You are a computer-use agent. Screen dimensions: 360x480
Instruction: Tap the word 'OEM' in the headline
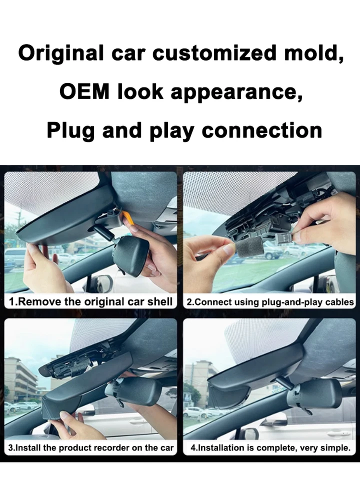pyautogui.click(x=84, y=91)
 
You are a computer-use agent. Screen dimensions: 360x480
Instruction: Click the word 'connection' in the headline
pyautogui.click(x=261, y=130)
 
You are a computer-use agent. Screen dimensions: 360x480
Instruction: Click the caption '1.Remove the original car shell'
pyautogui.click(x=90, y=301)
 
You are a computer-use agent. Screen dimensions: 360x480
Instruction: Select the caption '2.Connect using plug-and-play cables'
pyautogui.click(x=270, y=302)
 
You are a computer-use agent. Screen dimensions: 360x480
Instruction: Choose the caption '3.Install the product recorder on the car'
pyautogui.click(x=91, y=448)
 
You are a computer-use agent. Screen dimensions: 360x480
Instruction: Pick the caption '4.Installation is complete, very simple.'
pyautogui.click(x=270, y=448)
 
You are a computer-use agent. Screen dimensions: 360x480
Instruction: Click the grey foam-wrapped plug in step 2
pyautogui.click(x=249, y=247)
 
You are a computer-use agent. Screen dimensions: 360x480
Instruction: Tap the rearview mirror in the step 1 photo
pyautogui.click(x=130, y=255)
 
